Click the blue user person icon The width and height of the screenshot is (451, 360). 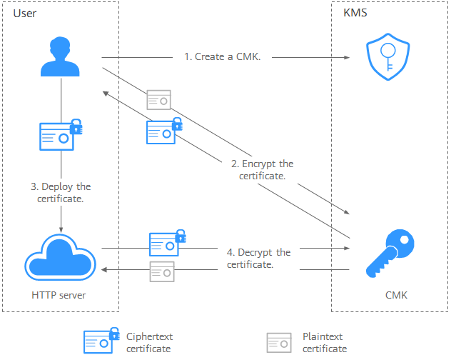coord(60,57)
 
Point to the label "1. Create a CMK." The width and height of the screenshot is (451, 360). coord(222,56)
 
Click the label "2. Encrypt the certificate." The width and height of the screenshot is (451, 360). coord(262,169)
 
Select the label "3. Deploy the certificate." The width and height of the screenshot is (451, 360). coord(61,193)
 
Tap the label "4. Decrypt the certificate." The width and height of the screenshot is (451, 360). coord(258,258)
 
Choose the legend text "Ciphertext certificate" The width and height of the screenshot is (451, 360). coord(150,342)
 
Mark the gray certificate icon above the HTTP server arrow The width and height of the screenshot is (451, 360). coord(162,271)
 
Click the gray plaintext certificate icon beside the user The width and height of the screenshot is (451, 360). coord(158,99)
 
